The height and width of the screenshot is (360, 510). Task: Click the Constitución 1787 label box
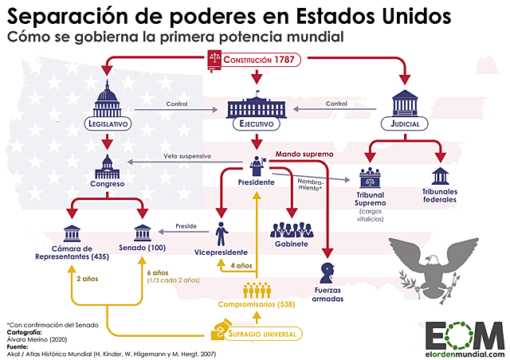click(255, 60)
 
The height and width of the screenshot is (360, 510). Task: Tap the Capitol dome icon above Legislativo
click(107, 98)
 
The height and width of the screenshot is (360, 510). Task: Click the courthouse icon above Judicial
click(404, 103)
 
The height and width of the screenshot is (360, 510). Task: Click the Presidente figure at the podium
click(256, 165)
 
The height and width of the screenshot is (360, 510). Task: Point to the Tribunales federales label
click(439, 195)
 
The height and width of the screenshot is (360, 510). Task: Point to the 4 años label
click(241, 264)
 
